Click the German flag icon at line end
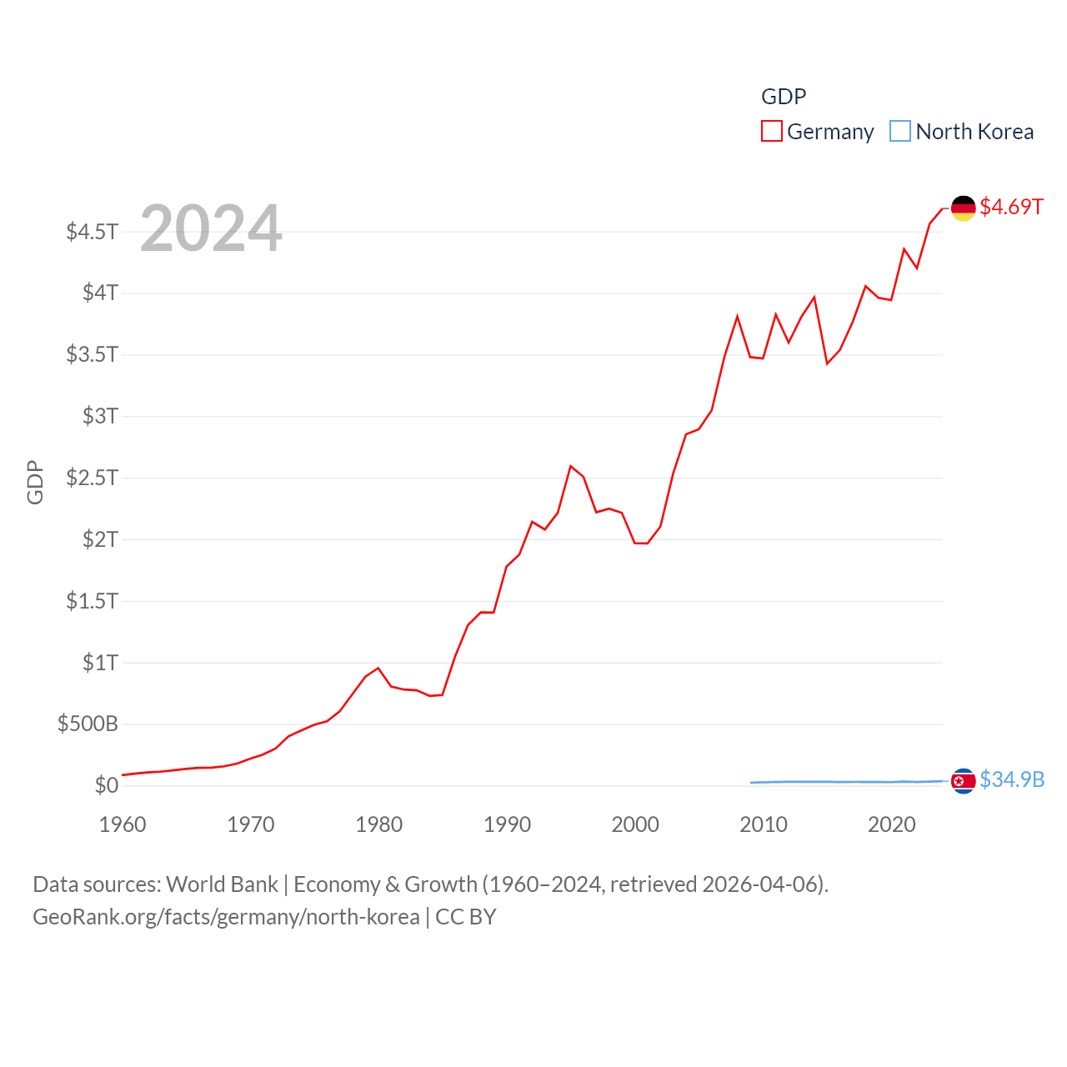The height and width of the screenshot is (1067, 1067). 963,208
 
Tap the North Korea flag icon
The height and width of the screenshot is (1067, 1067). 963,780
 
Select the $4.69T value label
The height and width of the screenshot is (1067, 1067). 1011,207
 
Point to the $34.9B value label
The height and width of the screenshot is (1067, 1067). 1012,779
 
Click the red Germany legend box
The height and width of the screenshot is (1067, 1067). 772,132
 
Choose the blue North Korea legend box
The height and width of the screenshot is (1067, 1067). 900,132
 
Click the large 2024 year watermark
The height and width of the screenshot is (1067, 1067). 211,228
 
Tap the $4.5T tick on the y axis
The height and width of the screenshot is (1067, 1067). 92,231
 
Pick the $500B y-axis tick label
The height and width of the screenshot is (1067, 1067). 88,724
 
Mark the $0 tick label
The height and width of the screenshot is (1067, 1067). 106,785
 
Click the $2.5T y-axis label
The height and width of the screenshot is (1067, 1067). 92,478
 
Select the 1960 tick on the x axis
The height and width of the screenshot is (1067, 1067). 123,824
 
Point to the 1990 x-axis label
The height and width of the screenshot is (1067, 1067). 507,824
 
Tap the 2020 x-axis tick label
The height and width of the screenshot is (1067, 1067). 891,824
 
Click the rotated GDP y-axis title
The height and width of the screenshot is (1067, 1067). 35,482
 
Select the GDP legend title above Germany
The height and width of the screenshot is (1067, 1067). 784,97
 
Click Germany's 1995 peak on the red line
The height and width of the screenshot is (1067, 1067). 571,466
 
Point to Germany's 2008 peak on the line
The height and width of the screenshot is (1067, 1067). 738,317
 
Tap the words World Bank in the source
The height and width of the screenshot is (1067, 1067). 222,884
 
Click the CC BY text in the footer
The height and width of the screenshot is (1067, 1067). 465,917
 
